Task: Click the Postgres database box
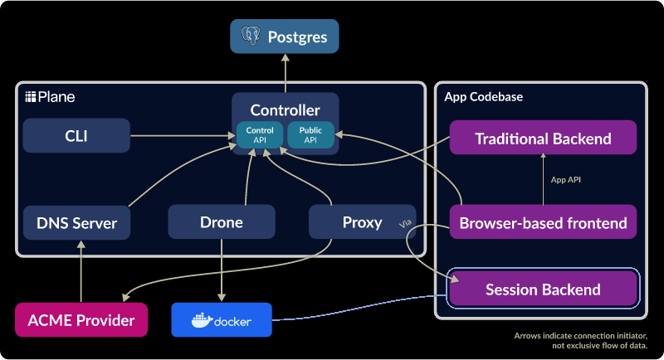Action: (x=285, y=36)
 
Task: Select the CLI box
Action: (x=76, y=135)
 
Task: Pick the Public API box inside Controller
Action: (x=310, y=135)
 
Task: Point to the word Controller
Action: (x=285, y=109)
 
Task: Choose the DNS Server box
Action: (x=76, y=222)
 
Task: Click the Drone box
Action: (x=222, y=222)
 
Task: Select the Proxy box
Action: (x=362, y=222)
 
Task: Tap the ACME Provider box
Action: (x=81, y=320)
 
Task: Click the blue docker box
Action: (x=222, y=320)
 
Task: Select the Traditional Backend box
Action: (x=543, y=139)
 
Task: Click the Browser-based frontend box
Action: (x=543, y=222)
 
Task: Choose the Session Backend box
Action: (x=543, y=289)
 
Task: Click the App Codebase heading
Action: (x=484, y=97)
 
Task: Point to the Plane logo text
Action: (x=51, y=97)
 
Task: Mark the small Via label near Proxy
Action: (x=406, y=224)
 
